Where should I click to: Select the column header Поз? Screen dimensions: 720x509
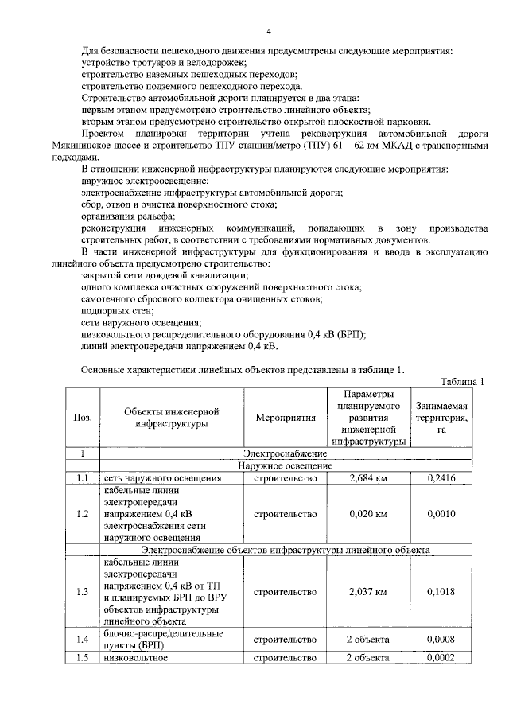pyautogui.click(x=82, y=418)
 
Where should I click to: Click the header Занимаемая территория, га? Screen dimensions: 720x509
pyautogui.click(x=439, y=418)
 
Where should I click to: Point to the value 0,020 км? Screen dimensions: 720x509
pyautogui.click(x=367, y=514)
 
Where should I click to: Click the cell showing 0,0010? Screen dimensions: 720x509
pyautogui.click(x=441, y=514)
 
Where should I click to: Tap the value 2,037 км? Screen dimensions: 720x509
pyautogui.click(x=367, y=592)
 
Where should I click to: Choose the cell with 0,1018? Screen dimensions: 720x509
pyautogui.click(x=441, y=592)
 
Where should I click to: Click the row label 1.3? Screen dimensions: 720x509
pyautogui.click(x=82, y=592)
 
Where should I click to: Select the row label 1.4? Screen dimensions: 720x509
pyautogui.click(x=82, y=639)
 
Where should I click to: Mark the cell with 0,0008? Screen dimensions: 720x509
pyautogui.click(x=441, y=639)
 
